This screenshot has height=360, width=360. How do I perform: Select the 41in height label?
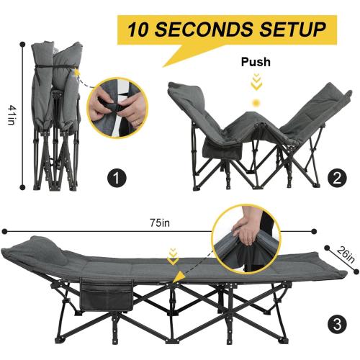tap(12, 113)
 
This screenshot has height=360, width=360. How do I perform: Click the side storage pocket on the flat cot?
tap(108, 294)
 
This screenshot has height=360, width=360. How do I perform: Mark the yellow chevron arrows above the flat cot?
tap(172, 254)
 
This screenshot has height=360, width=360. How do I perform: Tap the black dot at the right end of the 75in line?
tap(314, 231)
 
